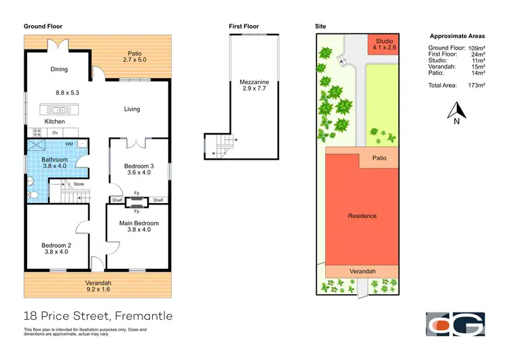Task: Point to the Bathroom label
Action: (x=56, y=160)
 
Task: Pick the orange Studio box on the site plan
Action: (x=384, y=44)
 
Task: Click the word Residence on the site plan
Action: (x=362, y=216)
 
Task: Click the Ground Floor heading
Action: (x=43, y=26)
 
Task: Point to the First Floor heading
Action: (x=244, y=26)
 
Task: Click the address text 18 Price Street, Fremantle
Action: (x=98, y=316)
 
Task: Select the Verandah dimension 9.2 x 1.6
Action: (x=98, y=289)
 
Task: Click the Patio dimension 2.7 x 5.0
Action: (x=135, y=60)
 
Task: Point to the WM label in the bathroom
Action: (x=69, y=144)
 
